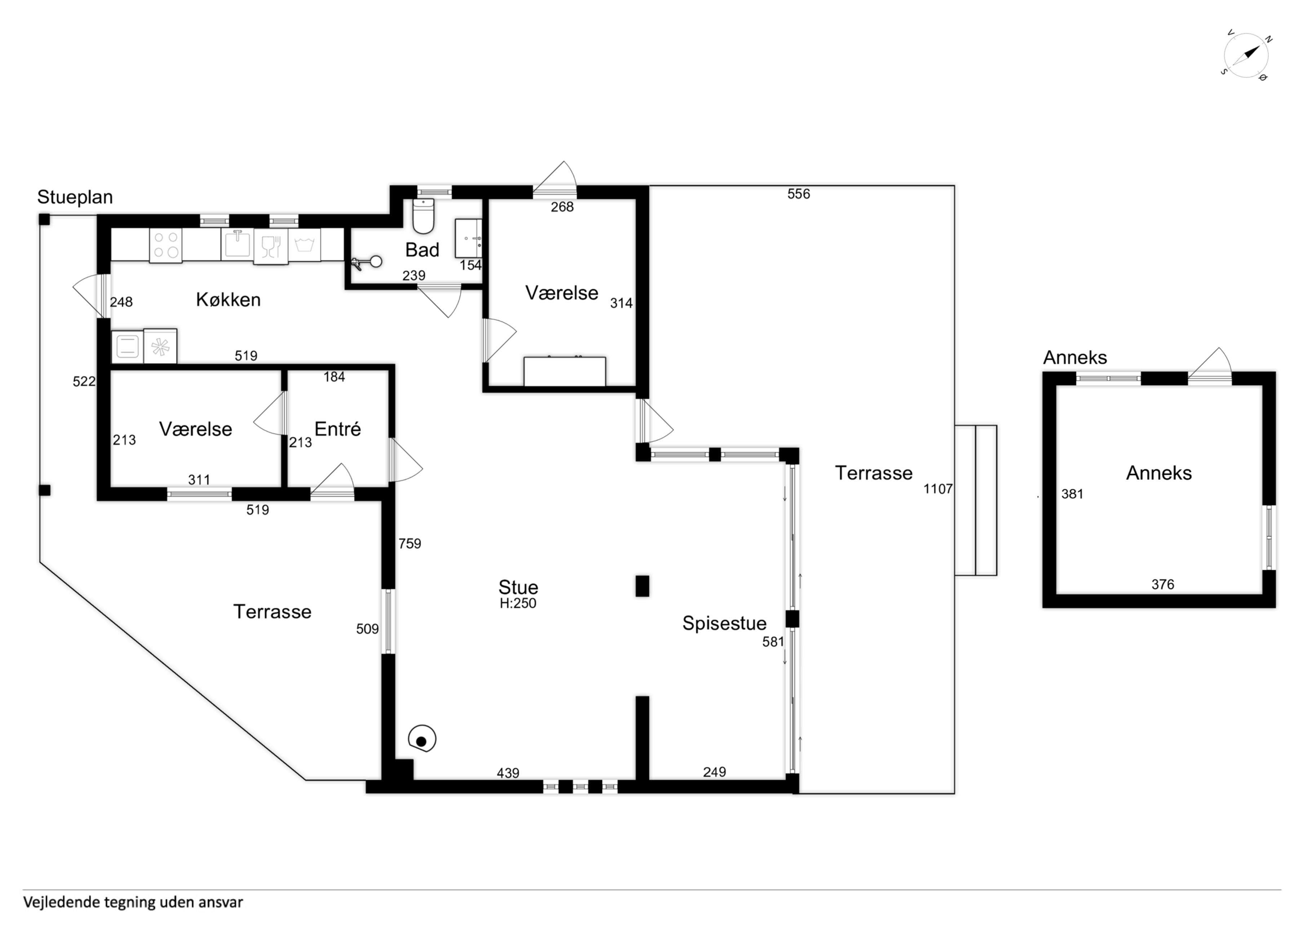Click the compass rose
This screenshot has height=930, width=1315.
coord(1246,56)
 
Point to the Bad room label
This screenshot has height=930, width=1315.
coord(422,250)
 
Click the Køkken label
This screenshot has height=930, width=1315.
coord(228,299)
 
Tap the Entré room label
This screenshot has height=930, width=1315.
coord(337,429)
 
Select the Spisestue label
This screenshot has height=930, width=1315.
coord(724,623)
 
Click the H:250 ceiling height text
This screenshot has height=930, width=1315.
coord(518,603)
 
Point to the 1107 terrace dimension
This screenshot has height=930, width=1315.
coord(938,489)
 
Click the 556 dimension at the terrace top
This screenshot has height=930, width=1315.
coord(798,194)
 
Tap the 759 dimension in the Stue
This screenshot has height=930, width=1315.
coord(409,543)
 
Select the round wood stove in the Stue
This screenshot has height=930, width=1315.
coord(422,739)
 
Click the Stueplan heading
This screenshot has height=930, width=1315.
coord(75,197)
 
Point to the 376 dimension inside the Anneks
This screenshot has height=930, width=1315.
coord(1163,585)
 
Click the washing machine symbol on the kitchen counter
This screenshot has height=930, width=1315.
coord(304,245)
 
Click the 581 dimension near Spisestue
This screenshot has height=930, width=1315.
coord(772,642)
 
